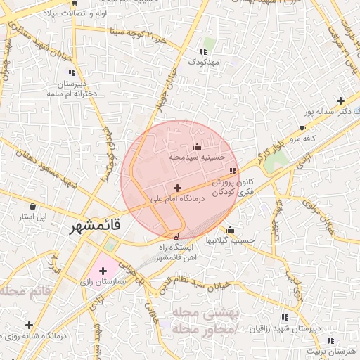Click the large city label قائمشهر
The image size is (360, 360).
[96, 228]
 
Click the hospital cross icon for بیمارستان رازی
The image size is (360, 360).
[102, 270]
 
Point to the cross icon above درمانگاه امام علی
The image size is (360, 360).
[176, 188]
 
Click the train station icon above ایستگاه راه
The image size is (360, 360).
[176, 236]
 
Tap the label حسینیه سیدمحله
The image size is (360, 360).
[196, 157]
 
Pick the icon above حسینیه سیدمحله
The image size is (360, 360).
[196, 146]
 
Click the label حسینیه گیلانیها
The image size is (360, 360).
[230, 240]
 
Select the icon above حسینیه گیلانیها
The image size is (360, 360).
[230, 229]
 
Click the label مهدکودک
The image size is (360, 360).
[203, 63]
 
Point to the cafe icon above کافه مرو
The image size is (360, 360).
[302, 129]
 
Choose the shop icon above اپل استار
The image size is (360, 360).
[33, 206]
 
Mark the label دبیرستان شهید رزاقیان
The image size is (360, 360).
[284, 328]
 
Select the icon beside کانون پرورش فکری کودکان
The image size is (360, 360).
[233, 171]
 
